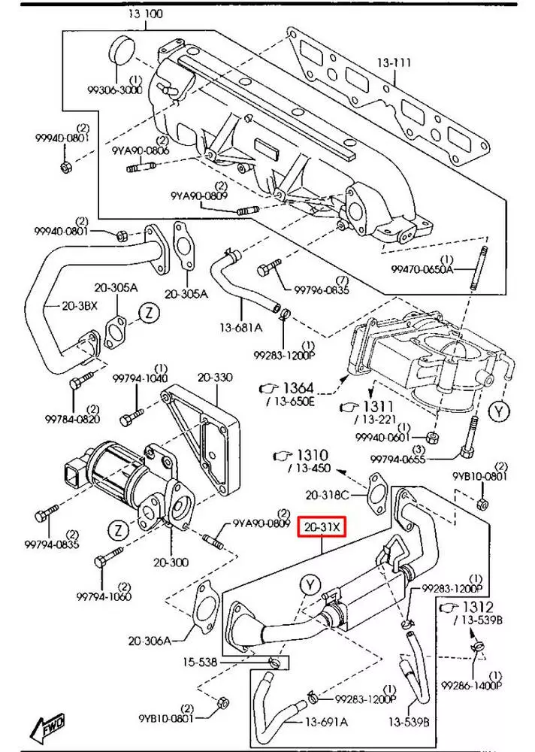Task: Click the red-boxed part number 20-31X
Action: tap(322, 528)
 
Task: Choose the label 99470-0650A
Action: tap(422, 268)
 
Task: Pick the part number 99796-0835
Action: tap(321, 289)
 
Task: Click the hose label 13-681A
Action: tap(241, 327)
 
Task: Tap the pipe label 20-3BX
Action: tap(62, 307)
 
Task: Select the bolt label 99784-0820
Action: tap(72, 419)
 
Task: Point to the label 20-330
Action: tap(215, 376)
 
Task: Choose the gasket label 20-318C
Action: tap(328, 495)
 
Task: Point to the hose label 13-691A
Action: tap(326, 723)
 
